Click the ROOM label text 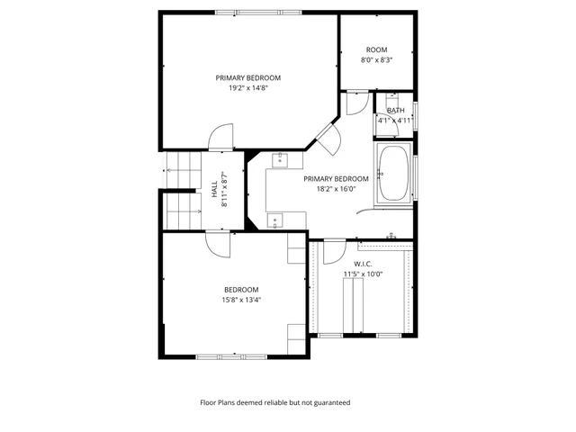click(x=375, y=49)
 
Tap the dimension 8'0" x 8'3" click(x=375, y=60)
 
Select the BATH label click(x=395, y=110)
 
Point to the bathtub click(x=394, y=172)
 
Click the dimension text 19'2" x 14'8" click(x=241, y=88)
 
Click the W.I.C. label click(x=363, y=264)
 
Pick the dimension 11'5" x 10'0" click(x=363, y=274)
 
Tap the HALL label click(x=214, y=191)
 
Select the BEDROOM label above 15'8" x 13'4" click(x=241, y=289)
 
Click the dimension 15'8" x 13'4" click(x=241, y=300)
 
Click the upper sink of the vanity click(x=279, y=159)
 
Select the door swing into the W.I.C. click(x=334, y=251)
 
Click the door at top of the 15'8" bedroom click(x=218, y=242)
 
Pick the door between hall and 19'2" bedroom click(x=220, y=138)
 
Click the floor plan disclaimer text click(x=274, y=402)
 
